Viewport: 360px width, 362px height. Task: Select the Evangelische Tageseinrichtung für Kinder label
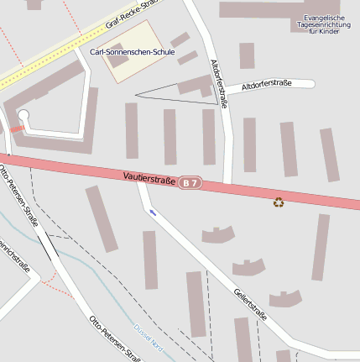coord(323,24)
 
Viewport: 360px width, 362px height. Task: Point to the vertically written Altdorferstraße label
coord(219,84)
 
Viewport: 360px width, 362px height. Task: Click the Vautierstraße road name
coord(149,177)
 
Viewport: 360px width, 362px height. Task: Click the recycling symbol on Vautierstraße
coord(279,202)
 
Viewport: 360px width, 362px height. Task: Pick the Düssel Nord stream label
coord(149,333)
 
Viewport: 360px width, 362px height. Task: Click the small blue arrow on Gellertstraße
coord(153,212)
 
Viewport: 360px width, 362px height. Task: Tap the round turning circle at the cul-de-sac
coord(23,116)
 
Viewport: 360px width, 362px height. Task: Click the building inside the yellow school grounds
coord(118,55)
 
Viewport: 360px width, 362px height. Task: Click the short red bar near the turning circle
coord(17,129)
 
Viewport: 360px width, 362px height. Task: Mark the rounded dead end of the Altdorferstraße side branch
coord(310,83)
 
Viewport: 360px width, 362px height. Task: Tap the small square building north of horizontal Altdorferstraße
coord(247,55)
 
